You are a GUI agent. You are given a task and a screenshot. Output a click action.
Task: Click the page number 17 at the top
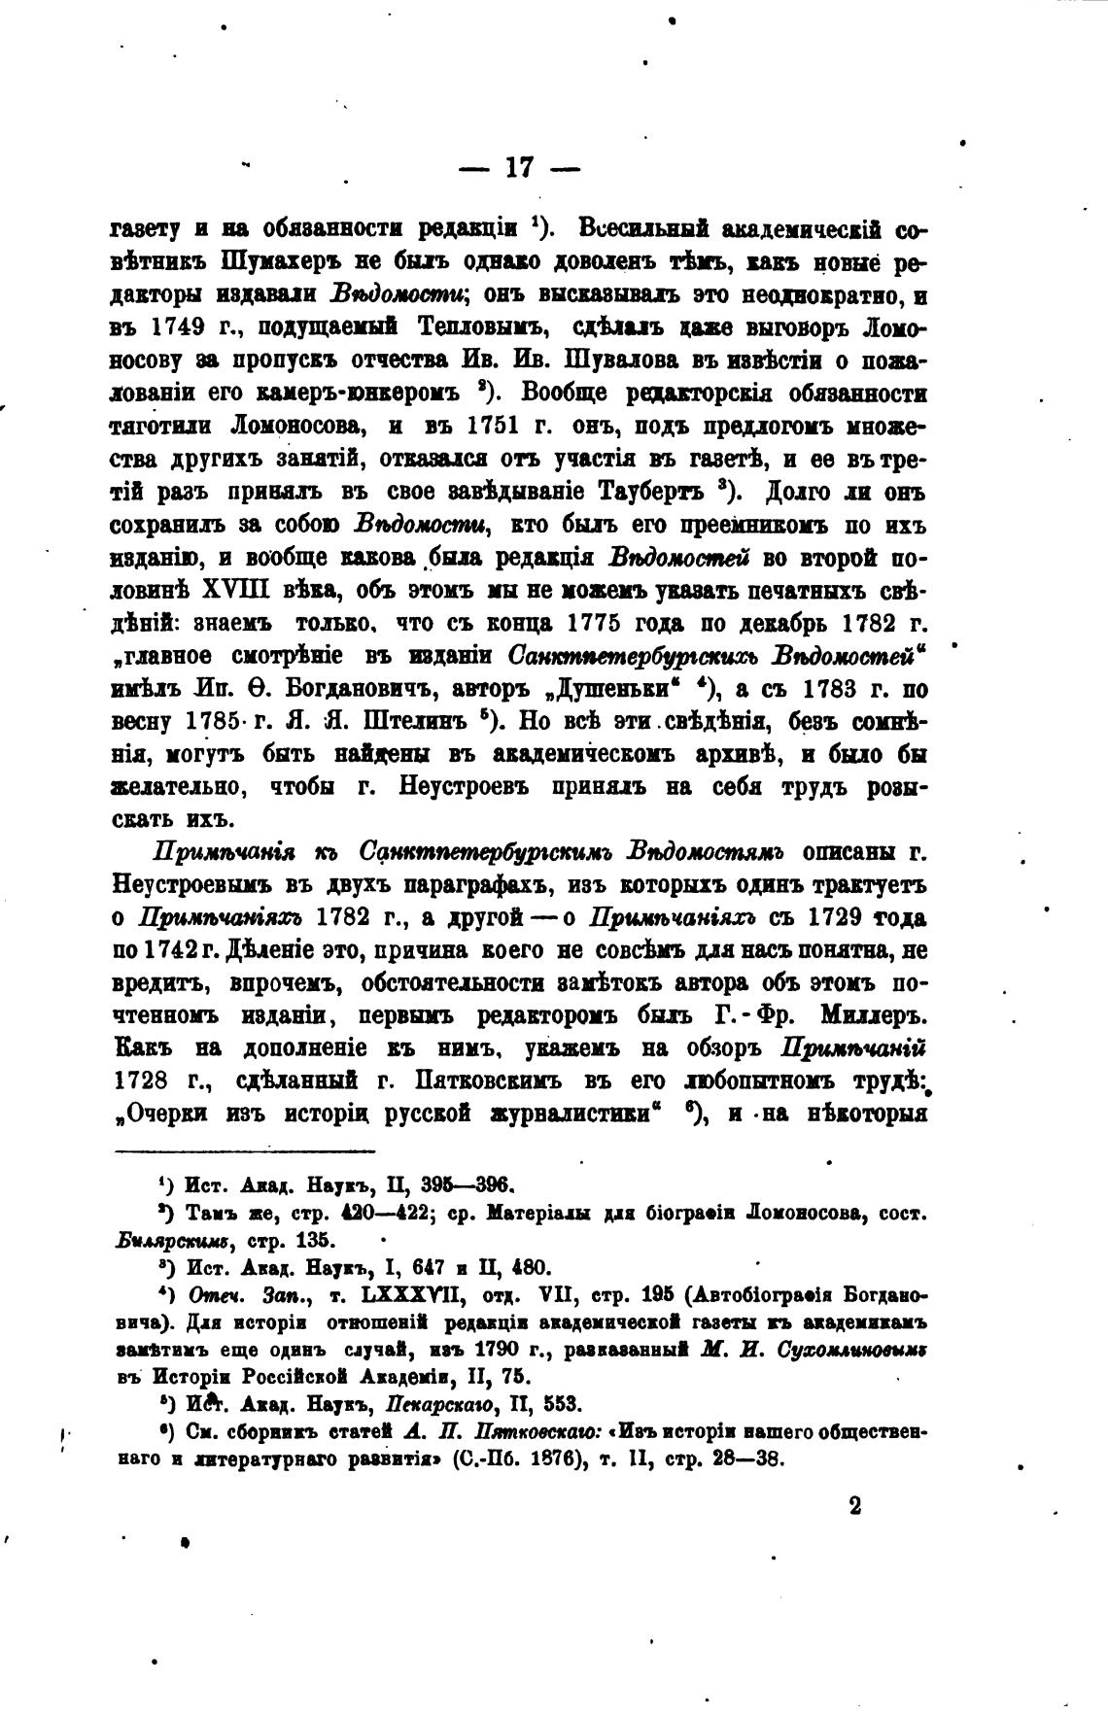tap(519, 168)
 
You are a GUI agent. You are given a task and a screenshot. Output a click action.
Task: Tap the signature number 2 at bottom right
tap(854, 1505)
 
